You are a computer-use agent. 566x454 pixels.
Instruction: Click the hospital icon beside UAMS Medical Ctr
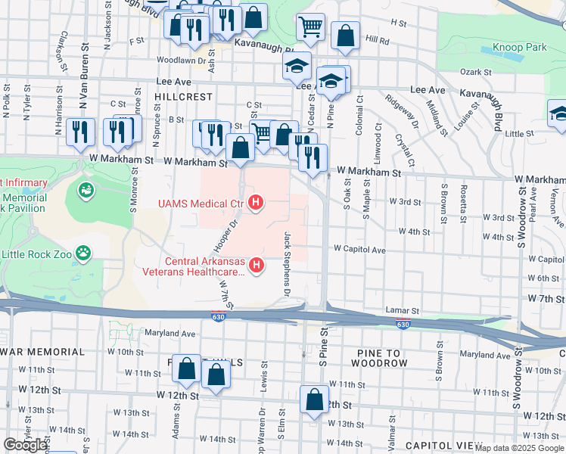pyautogui.click(x=257, y=202)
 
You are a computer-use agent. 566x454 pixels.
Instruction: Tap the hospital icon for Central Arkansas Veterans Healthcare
pyautogui.click(x=257, y=264)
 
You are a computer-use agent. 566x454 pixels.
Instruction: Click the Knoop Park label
pyautogui.click(x=519, y=47)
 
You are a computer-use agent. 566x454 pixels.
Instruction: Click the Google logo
pyautogui.click(x=25, y=445)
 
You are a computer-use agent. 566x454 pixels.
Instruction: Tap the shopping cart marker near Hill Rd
pyautogui.click(x=310, y=27)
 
